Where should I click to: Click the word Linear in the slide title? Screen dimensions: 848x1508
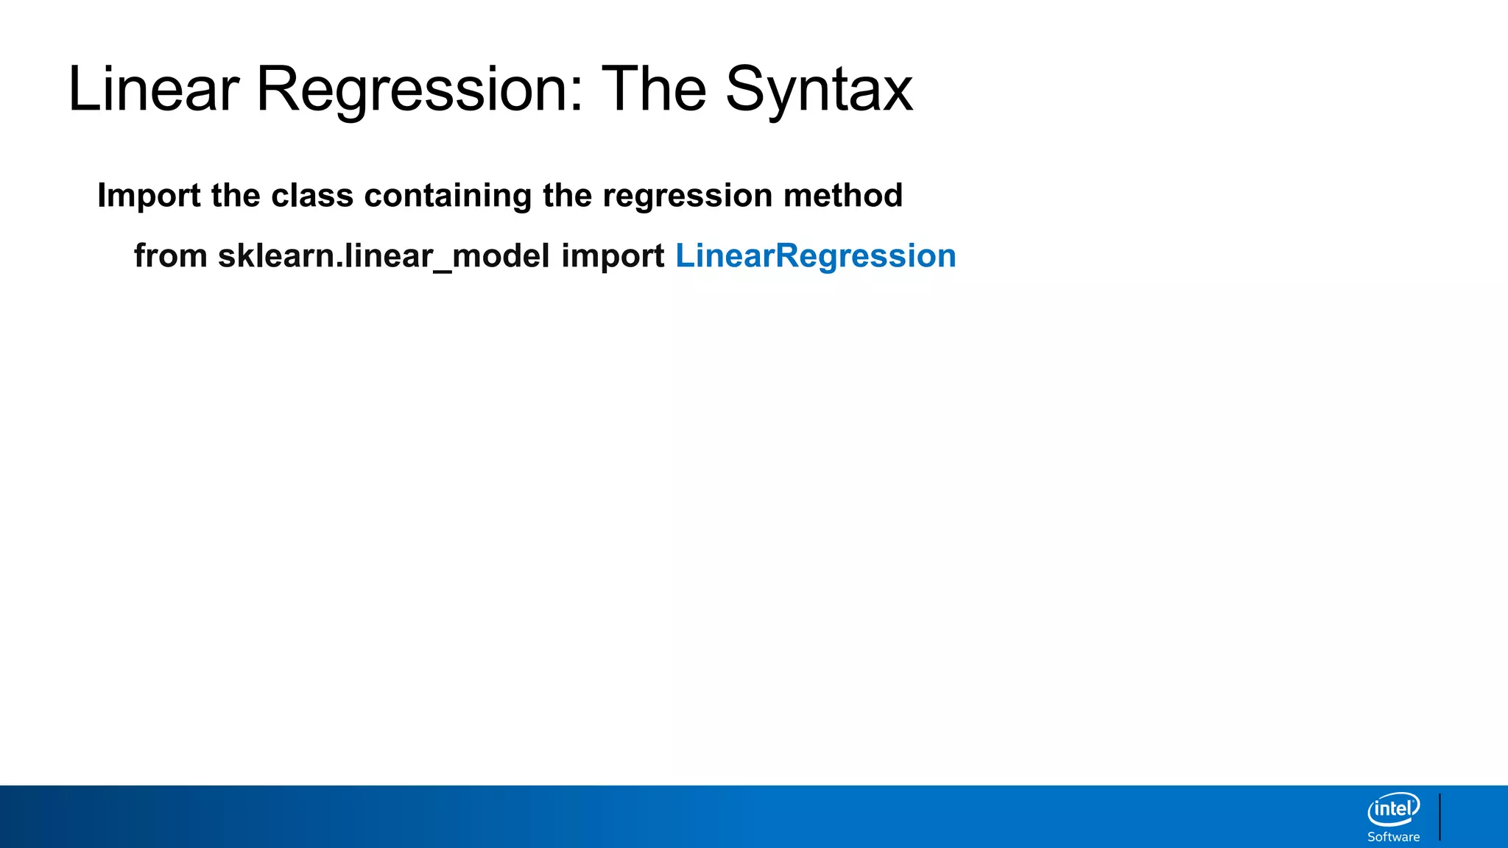point(153,89)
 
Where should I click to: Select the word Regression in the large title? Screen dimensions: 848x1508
point(411,89)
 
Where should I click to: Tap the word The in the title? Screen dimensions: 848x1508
point(654,89)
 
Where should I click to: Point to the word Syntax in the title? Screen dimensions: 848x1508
point(819,89)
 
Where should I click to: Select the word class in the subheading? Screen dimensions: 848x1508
point(312,196)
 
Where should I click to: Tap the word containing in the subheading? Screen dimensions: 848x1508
point(448,196)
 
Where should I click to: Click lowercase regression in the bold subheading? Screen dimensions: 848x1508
point(687,196)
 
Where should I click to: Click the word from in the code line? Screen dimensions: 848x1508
point(171,256)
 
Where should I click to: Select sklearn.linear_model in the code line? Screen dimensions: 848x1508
point(384,256)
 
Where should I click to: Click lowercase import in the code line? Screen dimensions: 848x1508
point(613,256)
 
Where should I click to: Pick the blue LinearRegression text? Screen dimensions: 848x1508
point(815,256)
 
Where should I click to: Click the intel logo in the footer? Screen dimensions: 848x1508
point(1393,810)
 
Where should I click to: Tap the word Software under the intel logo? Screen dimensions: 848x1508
point(1393,837)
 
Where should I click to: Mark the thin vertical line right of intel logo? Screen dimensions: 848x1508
point(1440,816)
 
